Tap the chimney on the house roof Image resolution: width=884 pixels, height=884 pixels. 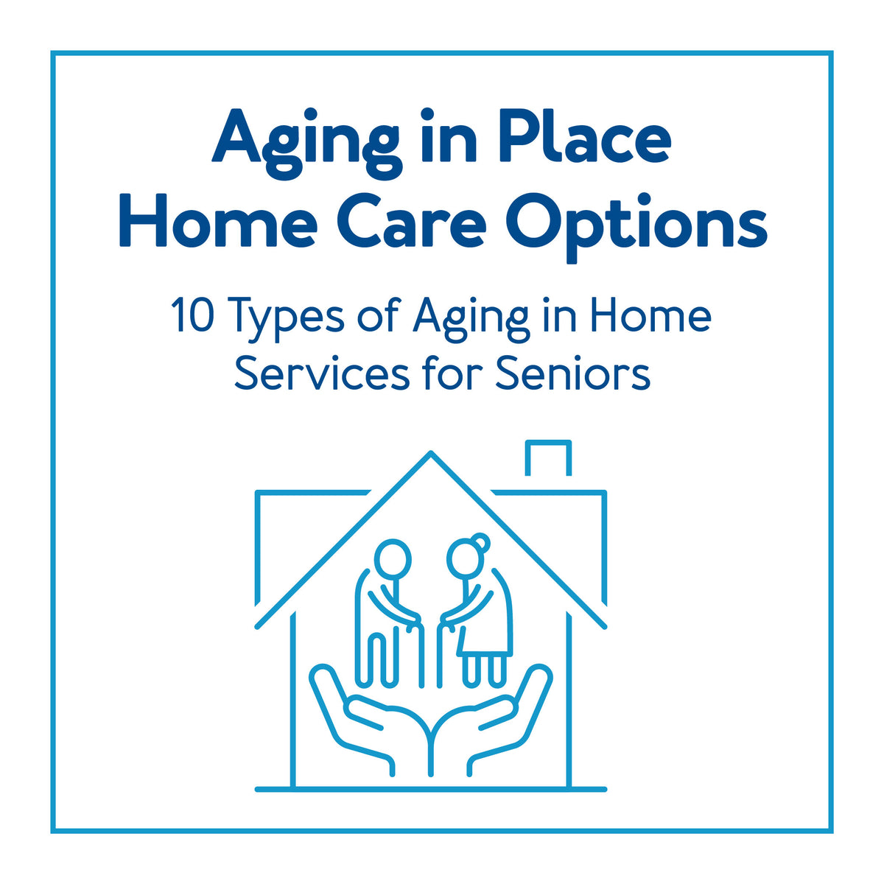[x=548, y=458]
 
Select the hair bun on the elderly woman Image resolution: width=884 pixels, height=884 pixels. [x=481, y=541]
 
